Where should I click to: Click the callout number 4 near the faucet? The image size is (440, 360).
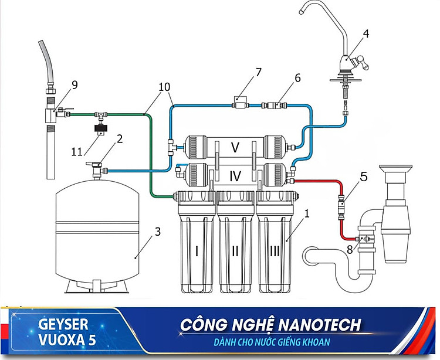(365, 33)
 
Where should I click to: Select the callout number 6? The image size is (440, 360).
(297, 77)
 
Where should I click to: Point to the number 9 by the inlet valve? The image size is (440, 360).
(74, 84)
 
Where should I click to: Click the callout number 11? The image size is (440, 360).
(76, 152)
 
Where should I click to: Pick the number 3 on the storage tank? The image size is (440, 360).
(157, 231)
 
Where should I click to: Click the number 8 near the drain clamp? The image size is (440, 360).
(351, 249)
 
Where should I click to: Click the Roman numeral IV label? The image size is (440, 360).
(235, 175)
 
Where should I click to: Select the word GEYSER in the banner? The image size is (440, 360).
(63, 324)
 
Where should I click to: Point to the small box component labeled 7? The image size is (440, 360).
(239, 99)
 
